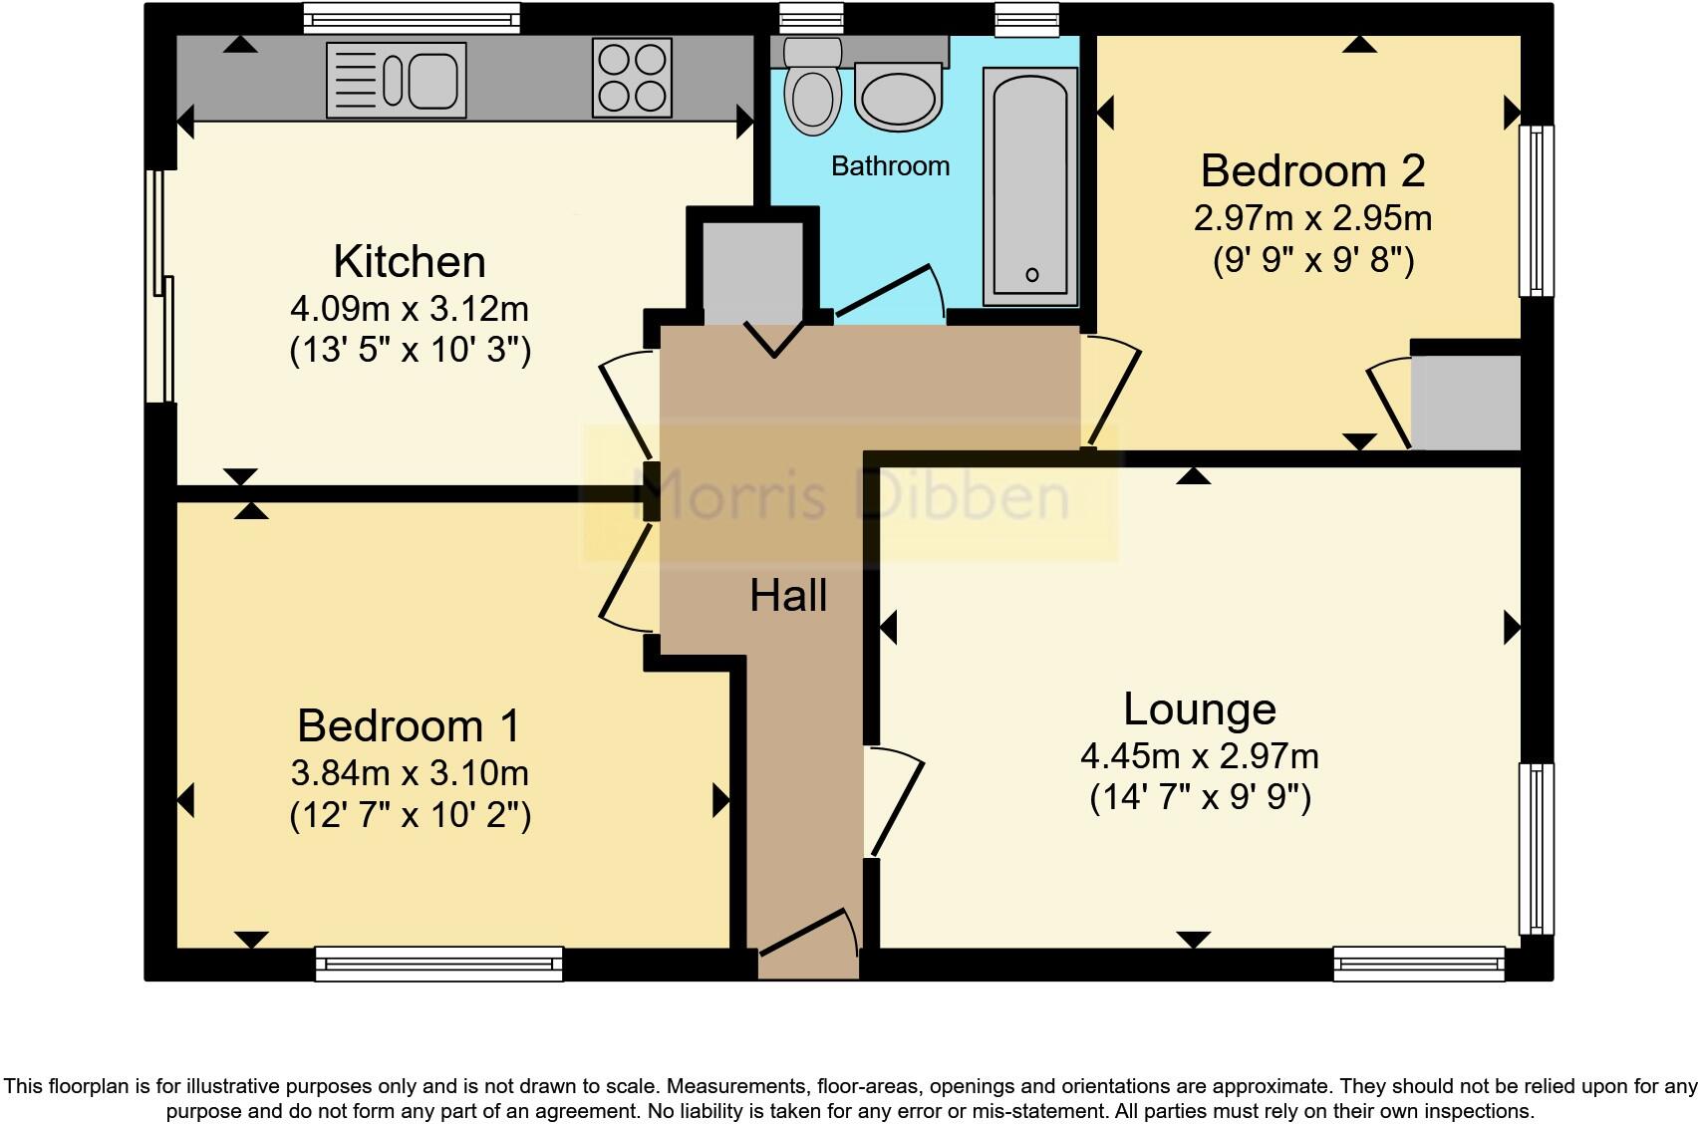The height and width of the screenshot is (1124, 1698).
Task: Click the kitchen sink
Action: (397, 79)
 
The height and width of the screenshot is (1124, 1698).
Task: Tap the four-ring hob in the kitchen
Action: (632, 78)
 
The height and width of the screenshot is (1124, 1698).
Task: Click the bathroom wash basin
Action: (899, 98)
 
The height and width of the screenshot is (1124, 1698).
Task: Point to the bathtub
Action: (1030, 187)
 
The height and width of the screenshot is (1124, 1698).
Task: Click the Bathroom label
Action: (890, 165)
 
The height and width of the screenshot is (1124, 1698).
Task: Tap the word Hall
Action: (788, 596)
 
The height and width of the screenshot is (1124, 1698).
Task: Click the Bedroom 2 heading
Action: (1312, 171)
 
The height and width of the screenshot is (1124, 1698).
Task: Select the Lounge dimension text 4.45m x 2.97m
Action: (1200, 756)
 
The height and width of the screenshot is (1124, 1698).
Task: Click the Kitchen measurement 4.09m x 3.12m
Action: (409, 309)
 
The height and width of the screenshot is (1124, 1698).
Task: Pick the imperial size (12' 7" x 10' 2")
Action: (410, 815)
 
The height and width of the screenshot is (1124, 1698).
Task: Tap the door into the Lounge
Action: (894, 805)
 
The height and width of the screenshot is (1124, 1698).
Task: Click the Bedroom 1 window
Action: (438, 964)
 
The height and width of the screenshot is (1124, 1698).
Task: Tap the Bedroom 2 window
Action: (1536, 210)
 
